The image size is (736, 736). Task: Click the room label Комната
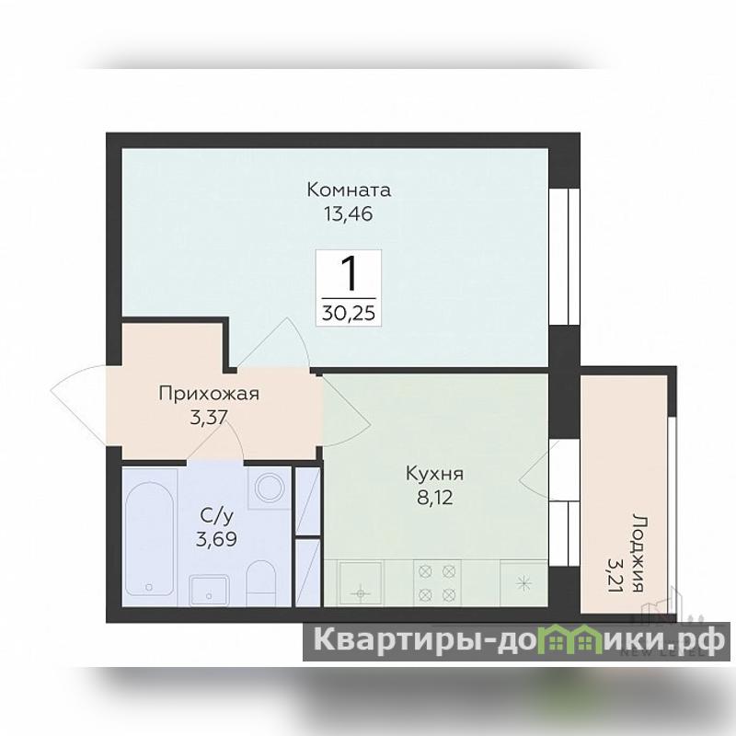[349, 190]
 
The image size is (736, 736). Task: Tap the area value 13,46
[349, 214]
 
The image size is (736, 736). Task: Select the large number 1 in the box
[350, 274]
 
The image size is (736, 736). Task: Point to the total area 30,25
[349, 313]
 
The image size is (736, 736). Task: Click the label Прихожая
[209, 394]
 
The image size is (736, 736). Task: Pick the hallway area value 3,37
[209, 417]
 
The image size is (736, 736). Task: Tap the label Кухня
[434, 474]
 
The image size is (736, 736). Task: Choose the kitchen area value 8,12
[435, 498]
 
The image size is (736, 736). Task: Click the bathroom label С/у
[216, 516]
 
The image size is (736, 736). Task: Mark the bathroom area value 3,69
[216, 540]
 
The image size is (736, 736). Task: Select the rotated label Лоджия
[638, 552]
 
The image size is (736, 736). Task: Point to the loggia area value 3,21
[615, 574]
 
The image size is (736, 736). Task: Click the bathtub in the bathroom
[150, 536]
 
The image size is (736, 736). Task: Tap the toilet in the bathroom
[260, 582]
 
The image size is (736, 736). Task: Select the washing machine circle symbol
[270, 488]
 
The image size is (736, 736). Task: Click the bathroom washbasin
[209, 590]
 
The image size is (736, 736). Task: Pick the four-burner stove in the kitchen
[437, 583]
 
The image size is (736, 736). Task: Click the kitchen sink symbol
[361, 583]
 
